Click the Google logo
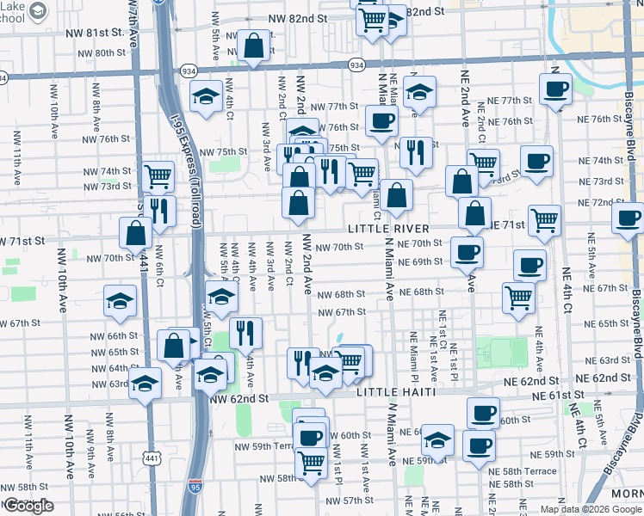(x=28, y=506)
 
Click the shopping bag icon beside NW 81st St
(x=255, y=48)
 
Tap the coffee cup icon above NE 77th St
(x=555, y=88)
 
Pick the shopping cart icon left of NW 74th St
(x=158, y=176)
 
